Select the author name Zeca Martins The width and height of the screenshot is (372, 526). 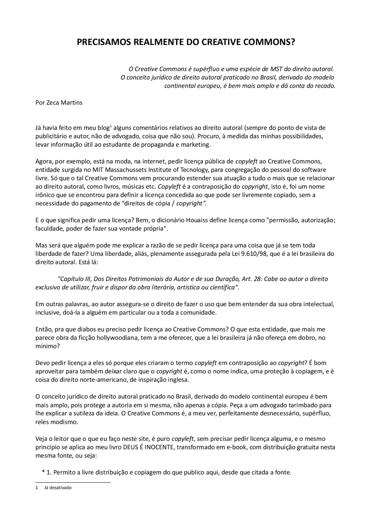(x=64, y=103)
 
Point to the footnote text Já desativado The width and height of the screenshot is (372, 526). (x=58, y=488)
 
